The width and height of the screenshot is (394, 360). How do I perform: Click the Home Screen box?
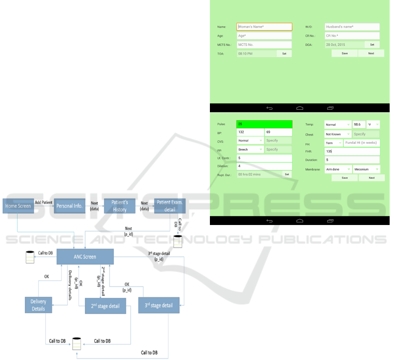(18, 206)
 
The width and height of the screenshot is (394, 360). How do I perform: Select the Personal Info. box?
(69, 206)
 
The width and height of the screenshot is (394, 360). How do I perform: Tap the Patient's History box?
(119, 206)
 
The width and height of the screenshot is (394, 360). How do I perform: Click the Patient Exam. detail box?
(170, 206)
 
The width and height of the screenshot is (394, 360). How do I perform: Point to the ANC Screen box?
(85, 256)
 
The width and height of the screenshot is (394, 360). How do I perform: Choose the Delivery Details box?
(38, 305)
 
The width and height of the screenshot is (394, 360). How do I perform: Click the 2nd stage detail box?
(105, 306)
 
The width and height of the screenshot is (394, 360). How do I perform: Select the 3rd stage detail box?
(159, 305)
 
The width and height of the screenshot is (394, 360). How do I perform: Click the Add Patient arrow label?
(44, 202)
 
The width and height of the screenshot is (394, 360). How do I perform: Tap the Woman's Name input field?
(264, 27)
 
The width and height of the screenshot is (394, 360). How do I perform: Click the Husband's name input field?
(352, 27)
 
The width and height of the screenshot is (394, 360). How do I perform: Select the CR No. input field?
(352, 36)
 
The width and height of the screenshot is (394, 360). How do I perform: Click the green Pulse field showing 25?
(264, 124)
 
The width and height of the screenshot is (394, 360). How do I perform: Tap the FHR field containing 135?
(352, 151)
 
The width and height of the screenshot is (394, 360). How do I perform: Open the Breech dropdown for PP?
(250, 149)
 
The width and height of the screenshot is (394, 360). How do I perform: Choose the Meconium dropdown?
(366, 169)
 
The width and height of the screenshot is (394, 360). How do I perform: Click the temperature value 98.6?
(359, 125)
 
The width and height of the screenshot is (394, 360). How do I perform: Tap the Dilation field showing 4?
(264, 166)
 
